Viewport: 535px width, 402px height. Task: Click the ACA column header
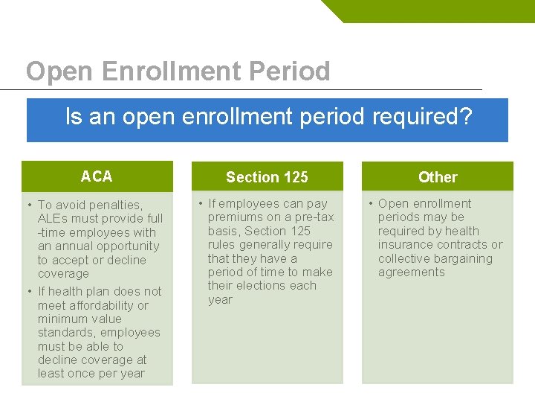(97, 176)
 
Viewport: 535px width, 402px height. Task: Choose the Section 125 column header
(267, 177)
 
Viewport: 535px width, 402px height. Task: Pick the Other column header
(438, 177)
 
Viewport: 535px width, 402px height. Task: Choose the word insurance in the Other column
(406, 245)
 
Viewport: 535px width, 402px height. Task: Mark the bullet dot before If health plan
(28, 292)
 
